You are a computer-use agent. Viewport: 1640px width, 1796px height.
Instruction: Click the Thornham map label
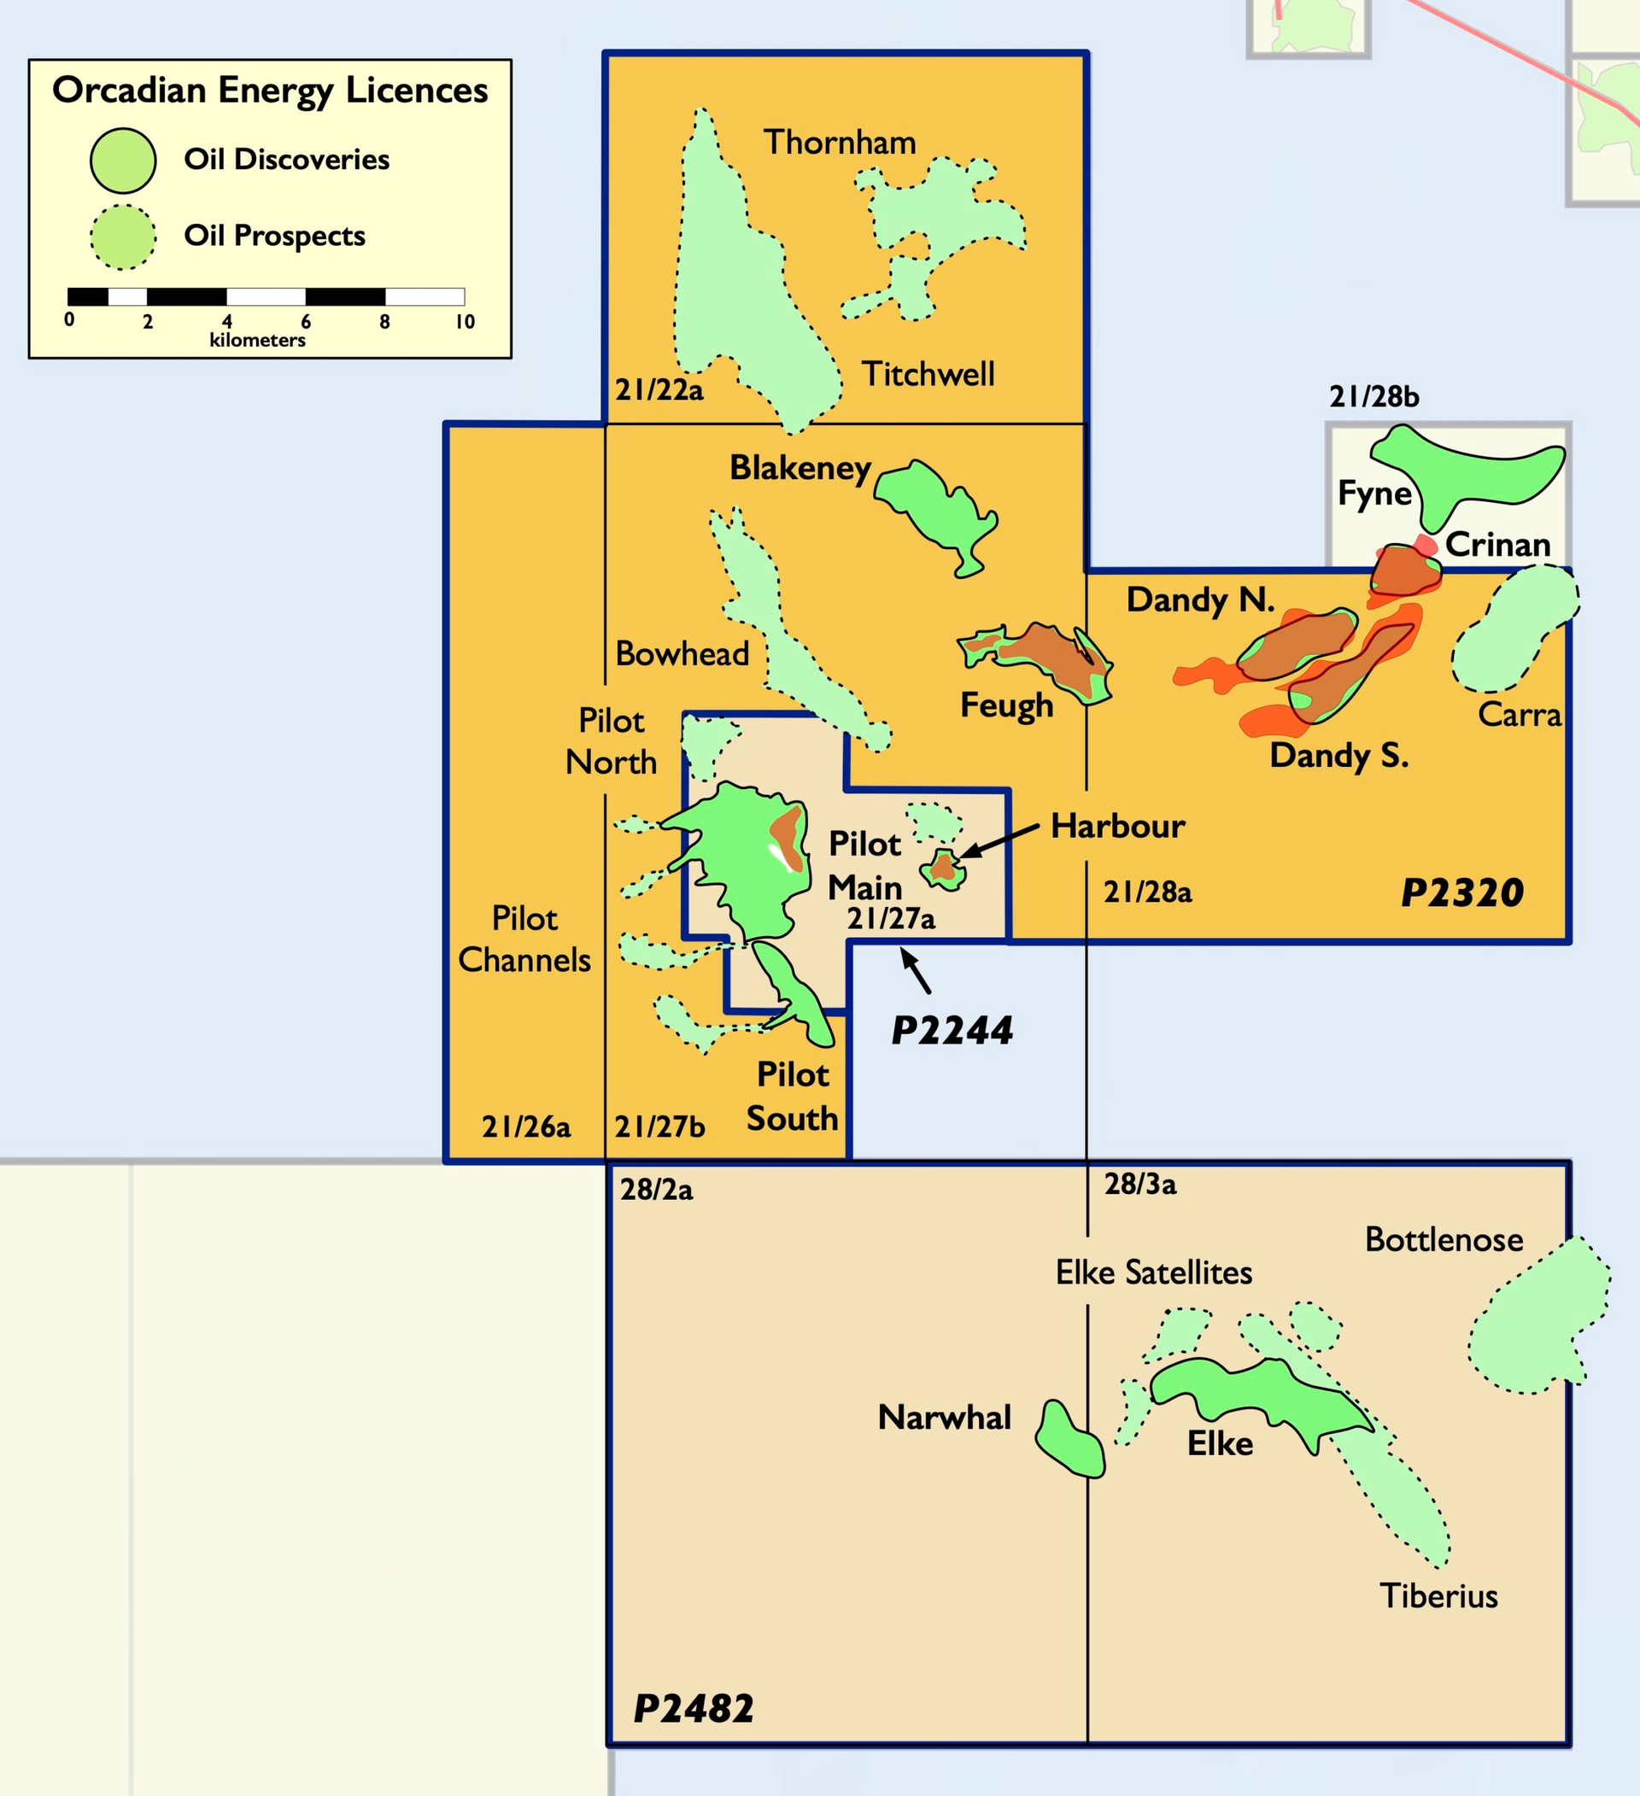coord(839,143)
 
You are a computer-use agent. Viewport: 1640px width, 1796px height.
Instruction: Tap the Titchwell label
coord(928,374)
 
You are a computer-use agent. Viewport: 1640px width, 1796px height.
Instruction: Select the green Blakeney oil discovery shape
coord(935,512)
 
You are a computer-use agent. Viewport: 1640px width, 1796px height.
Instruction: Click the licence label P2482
coord(693,1709)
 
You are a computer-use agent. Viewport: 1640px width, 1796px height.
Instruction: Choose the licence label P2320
coord(1461,892)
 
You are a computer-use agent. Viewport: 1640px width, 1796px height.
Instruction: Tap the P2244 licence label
coord(952,1031)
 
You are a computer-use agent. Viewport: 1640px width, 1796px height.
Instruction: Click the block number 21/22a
coord(659,390)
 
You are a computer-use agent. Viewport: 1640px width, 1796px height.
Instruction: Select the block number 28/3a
coord(1140,1184)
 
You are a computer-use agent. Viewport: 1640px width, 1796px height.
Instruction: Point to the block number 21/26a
coord(525,1127)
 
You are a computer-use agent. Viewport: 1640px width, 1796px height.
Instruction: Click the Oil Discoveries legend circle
coord(123,161)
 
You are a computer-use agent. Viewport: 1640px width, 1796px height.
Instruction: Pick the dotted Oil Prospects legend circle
coord(123,237)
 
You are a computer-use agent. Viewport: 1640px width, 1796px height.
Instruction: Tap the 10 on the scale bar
coord(465,322)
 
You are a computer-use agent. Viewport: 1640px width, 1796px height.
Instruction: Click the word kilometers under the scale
coord(257,340)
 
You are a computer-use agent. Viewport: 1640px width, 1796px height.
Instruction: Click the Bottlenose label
coord(1444,1239)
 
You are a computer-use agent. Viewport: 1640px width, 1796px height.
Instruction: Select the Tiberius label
coord(1438,1595)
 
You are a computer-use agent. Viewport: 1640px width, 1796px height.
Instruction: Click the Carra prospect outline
coord(1514,628)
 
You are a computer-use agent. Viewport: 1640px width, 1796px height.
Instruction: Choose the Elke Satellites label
coord(1154,1272)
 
